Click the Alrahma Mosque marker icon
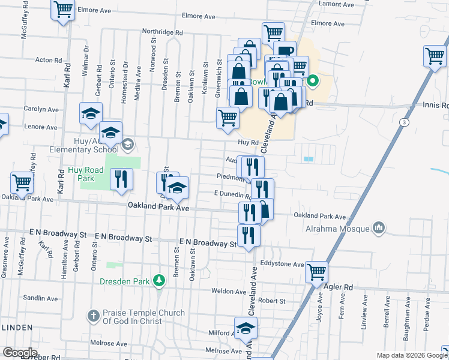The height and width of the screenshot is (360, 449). tap(378, 228)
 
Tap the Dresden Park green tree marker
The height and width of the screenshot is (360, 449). tap(158, 281)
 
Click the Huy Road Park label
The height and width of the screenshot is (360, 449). tap(86, 174)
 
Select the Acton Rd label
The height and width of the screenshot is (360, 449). tap(49, 60)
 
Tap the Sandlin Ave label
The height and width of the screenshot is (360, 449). tap(40, 298)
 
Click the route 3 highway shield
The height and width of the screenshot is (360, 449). tap(405, 122)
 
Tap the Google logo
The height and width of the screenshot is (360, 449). tap(19, 353)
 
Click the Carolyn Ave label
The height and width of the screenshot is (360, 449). tap(40, 110)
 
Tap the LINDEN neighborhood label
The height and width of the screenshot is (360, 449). tap(18, 326)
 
